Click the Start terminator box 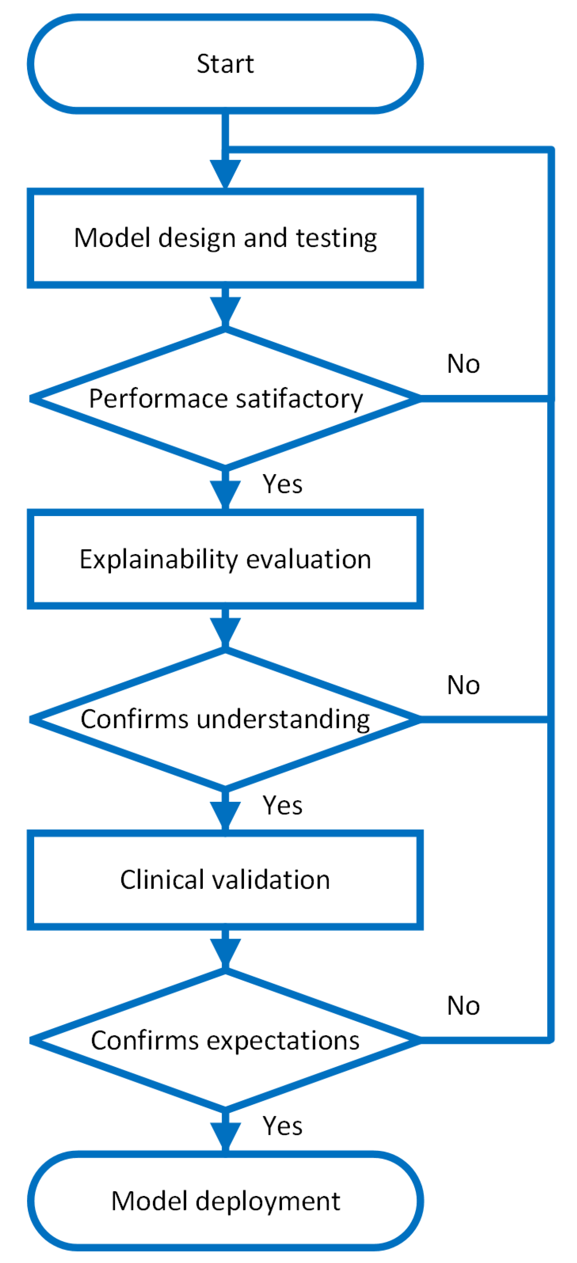click(225, 64)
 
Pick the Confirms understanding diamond click(225, 719)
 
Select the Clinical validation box click(225, 880)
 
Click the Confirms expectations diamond click(225, 1040)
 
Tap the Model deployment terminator click(225, 1201)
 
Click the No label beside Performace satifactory click(463, 364)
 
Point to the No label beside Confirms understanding click(463, 685)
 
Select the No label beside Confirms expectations click(463, 1006)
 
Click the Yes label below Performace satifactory click(282, 484)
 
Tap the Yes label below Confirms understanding click(282, 805)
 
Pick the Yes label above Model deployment click(282, 1126)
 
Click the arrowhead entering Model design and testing click(225, 173)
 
